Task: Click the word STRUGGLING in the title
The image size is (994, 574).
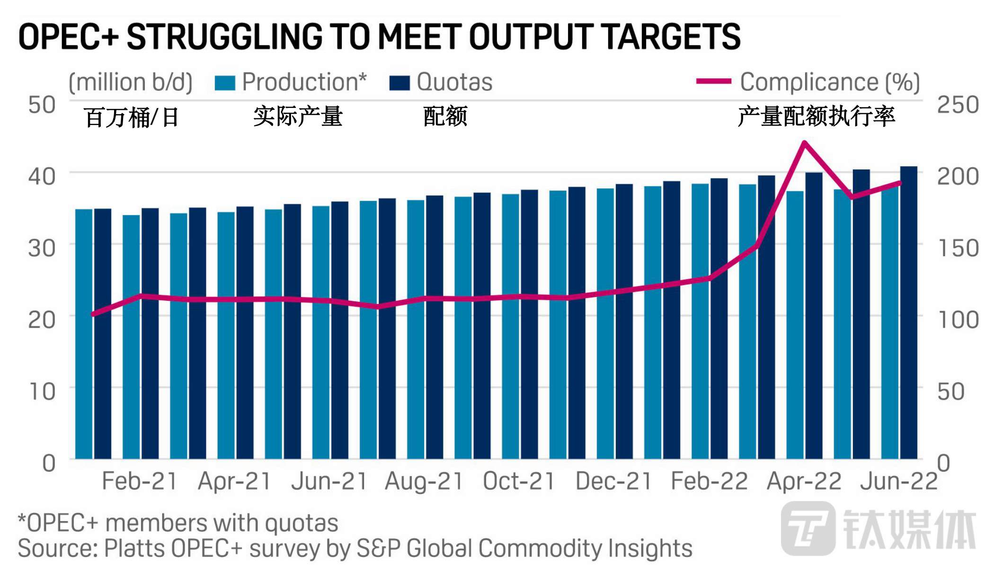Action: point(224,37)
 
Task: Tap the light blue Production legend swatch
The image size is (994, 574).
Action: point(225,83)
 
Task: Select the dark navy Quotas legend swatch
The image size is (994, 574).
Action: point(399,83)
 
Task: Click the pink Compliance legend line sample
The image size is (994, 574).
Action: point(713,81)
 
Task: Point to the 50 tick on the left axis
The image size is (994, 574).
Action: point(42,105)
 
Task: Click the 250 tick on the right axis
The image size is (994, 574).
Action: point(958,105)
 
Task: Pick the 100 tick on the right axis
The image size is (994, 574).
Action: point(958,320)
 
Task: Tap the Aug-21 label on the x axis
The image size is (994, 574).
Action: point(424,482)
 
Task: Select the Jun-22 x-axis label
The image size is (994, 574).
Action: point(898,482)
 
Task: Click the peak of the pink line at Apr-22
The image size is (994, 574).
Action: point(804,143)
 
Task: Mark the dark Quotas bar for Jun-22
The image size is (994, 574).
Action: point(908,313)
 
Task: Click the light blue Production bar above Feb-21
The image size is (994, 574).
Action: point(131,336)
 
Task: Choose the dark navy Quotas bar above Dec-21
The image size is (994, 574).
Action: point(624,322)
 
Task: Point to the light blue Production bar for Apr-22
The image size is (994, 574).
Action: point(795,327)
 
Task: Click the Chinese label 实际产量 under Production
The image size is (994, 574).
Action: point(297,117)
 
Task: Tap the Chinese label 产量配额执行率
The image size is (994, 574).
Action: point(816,117)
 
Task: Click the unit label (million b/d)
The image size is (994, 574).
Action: point(131,82)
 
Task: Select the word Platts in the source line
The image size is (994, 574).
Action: point(134,549)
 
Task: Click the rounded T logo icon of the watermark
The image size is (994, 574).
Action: point(808,529)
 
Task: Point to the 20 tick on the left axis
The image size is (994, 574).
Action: point(42,320)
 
